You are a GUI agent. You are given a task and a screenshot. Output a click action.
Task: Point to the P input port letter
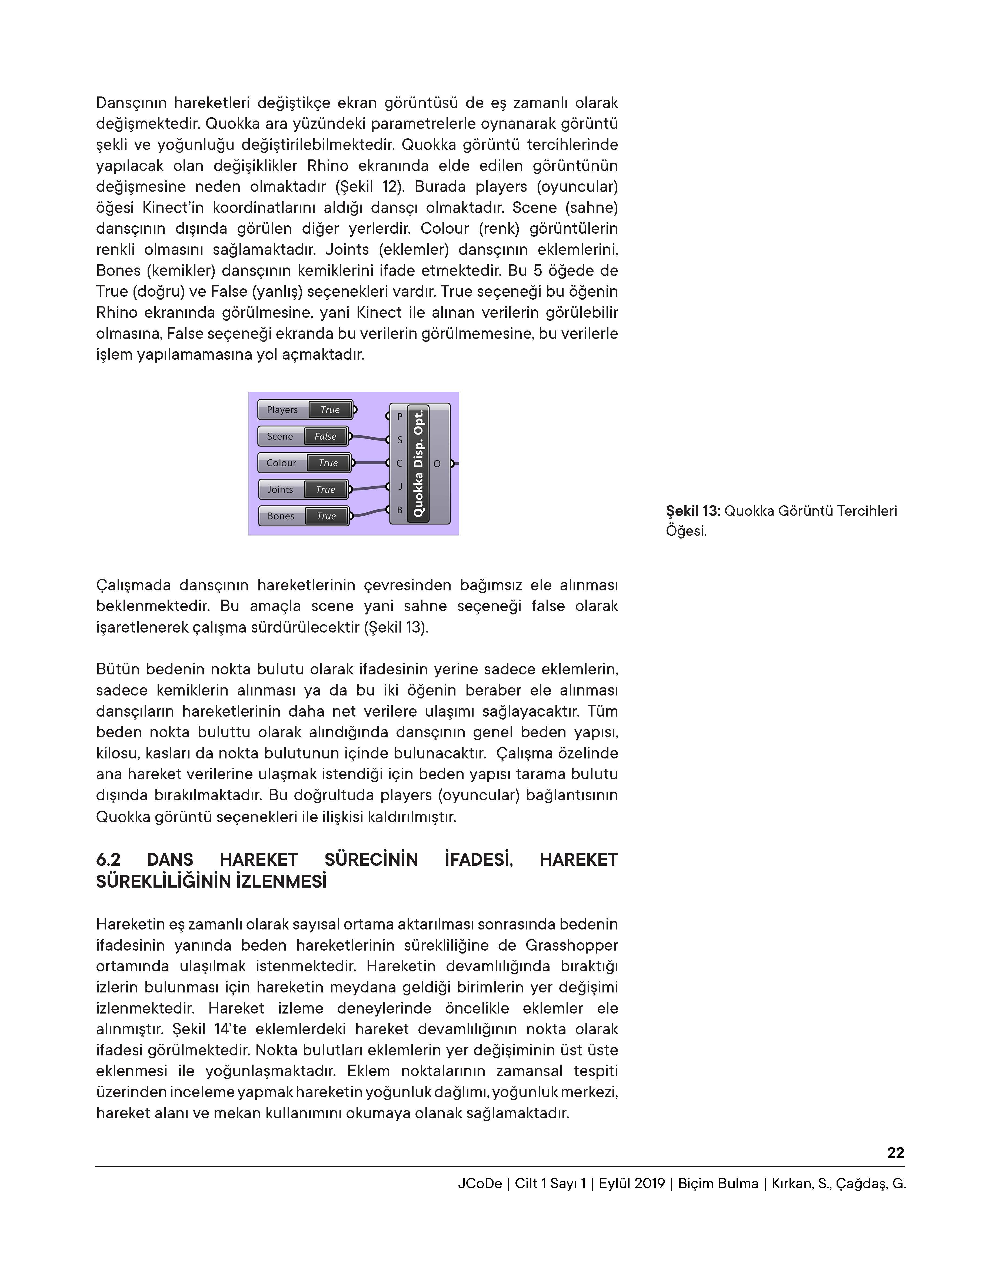click(400, 416)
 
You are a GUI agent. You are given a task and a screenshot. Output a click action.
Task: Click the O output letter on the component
click(437, 464)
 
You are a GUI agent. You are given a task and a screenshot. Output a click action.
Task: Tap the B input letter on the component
click(400, 510)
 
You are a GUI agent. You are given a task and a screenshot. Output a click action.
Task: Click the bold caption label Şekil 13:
click(693, 511)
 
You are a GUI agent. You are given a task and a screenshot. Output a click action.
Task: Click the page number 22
click(895, 1153)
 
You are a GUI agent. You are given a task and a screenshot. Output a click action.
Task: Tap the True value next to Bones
click(326, 516)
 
